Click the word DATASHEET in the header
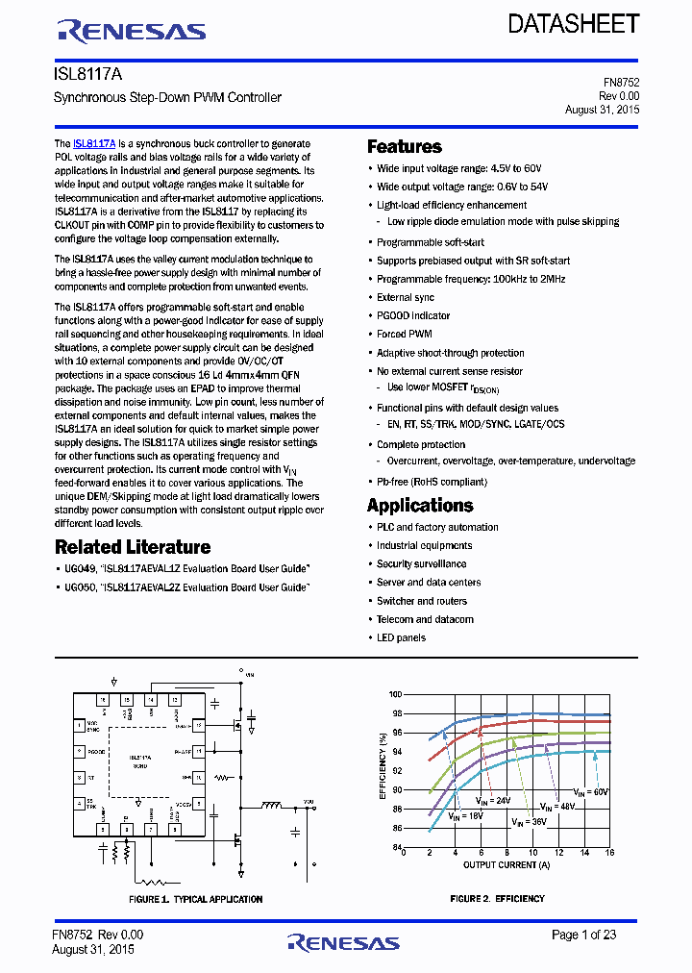point(573,24)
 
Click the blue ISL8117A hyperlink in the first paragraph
point(94,143)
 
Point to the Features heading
point(405,147)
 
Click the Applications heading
point(420,506)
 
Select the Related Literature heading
point(133,547)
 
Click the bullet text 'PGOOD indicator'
point(413,315)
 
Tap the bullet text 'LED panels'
point(401,637)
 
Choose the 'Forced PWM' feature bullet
point(405,334)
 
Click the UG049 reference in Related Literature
point(79,569)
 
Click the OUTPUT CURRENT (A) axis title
point(506,865)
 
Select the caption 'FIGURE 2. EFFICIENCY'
point(497,899)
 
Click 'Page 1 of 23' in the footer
point(583,935)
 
